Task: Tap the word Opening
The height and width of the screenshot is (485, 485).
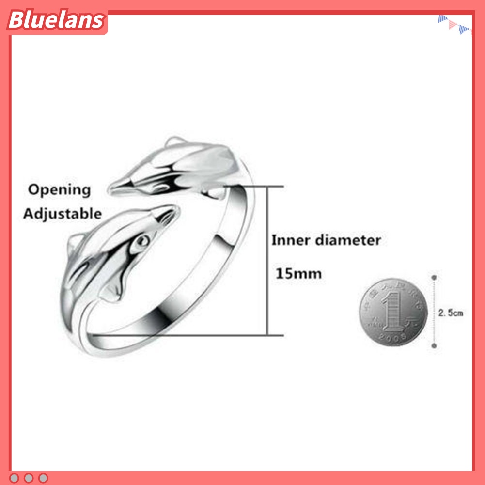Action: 59,190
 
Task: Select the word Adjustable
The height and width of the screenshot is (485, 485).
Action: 63,214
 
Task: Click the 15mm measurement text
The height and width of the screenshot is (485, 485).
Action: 298,274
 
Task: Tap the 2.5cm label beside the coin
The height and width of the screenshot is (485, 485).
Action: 451,313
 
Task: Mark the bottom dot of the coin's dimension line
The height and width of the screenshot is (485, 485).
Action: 434,346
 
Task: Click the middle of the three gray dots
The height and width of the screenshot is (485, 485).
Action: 29,478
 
